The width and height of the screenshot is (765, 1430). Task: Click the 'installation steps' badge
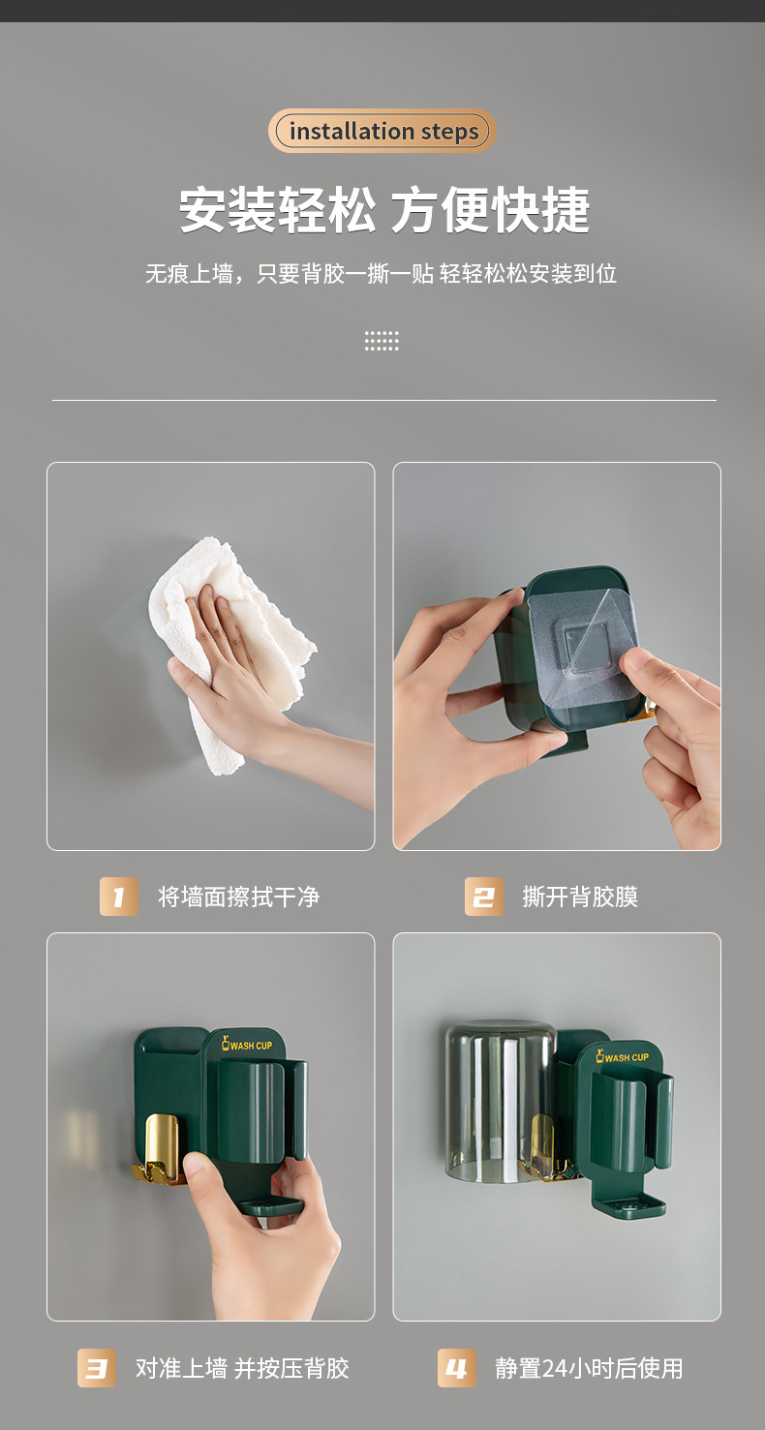click(x=382, y=131)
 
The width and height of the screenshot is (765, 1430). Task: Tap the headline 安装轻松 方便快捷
click(x=383, y=210)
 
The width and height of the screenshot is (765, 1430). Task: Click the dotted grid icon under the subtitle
click(x=382, y=341)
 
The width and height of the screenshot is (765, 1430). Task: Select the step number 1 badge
click(x=119, y=897)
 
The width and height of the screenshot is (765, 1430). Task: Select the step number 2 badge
click(x=483, y=897)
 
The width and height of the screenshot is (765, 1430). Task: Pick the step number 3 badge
click(x=97, y=1368)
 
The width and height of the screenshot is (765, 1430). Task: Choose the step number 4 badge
click(x=456, y=1368)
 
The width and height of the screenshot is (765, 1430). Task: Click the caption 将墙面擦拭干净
click(x=239, y=897)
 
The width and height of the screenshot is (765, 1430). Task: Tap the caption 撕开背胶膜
click(x=580, y=897)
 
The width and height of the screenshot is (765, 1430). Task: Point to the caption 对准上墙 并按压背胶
click(x=242, y=1368)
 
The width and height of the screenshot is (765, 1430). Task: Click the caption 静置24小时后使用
click(x=589, y=1368)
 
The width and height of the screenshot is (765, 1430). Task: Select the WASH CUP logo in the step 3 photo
click(x=247, y=1045)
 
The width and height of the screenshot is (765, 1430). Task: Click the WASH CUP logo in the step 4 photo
click(x=622, y=1056)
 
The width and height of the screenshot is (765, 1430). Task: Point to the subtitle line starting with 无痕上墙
click(x=382, y=274)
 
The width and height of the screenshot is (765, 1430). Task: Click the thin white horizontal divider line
click(x=383, y=400)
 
